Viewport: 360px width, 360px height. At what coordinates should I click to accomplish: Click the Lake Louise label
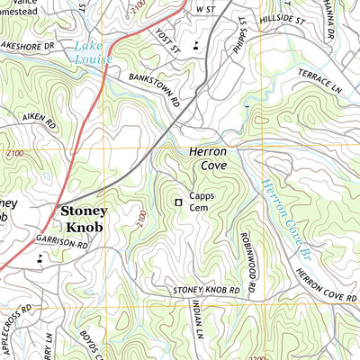click(94, 53)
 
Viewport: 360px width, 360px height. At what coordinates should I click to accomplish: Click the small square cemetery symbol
click(178, 202)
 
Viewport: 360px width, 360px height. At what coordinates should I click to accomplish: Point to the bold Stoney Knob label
click(83, 220)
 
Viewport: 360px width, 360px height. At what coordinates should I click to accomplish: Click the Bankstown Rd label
click(154, 90)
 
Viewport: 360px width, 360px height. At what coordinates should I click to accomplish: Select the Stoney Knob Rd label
click(207, 291)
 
